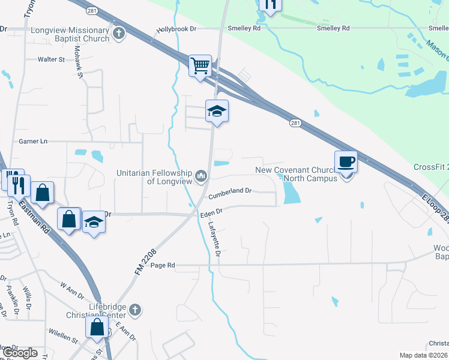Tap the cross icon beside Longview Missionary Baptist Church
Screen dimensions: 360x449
click(x=119, y=34)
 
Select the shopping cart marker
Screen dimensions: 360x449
click(x=200, y=65)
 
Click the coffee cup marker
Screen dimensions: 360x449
click(x=346, y=161)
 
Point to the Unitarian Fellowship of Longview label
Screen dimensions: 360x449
click(x=154, y=177)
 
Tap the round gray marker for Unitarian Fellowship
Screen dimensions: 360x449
click(x=200, y=176)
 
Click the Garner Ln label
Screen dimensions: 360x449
click(x=33, y=141)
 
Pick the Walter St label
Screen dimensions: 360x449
click(x=51, y=59)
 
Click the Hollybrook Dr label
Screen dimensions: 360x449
click(x=176, y=28)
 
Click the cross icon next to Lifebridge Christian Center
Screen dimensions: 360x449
click(x=135, y=310)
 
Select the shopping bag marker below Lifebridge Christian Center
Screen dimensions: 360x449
click(x=97, y=328)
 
